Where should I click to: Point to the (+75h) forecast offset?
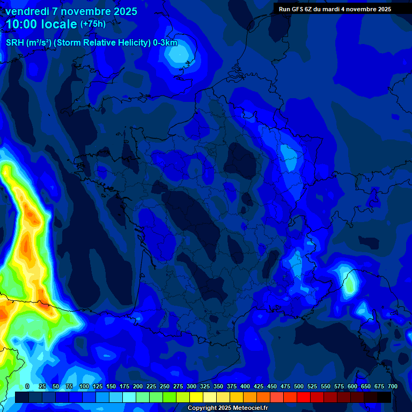(93, 24)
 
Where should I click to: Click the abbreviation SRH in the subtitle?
(15, 43)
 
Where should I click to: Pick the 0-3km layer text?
(165, 43)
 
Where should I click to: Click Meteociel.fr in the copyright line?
(246, 408)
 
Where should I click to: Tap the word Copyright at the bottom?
(203, 408)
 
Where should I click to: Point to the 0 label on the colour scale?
(27, 386)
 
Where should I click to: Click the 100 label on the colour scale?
(84, 386)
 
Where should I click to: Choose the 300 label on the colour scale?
(191, 386)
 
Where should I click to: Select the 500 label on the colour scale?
(298, 386)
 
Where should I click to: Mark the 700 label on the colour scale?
(392, 386)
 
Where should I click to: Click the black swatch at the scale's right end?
(384, 397)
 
